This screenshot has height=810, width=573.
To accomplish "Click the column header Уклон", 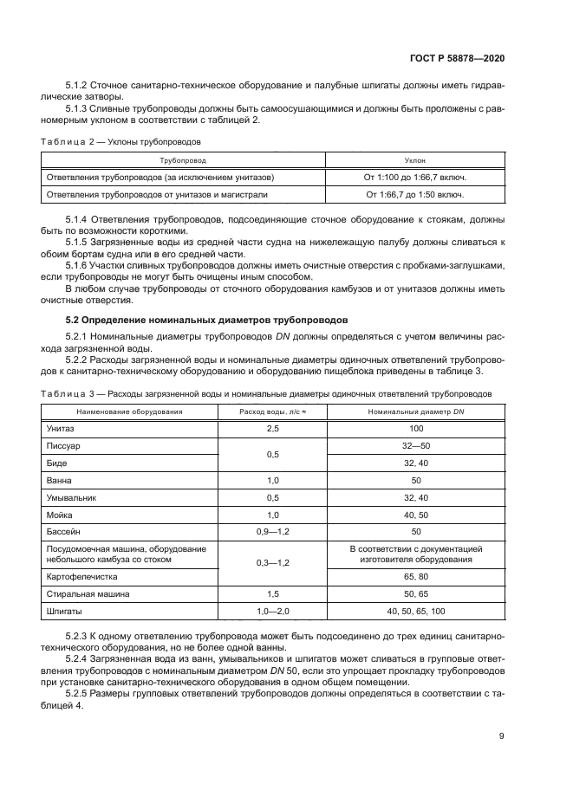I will click(414, 161).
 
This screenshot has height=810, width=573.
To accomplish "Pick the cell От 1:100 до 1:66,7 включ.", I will click(414, 178).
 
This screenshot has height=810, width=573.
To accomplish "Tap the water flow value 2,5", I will click(272, 429).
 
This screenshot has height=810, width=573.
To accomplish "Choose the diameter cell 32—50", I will click(415, 446).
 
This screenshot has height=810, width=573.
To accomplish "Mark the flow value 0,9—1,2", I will click(272, 531).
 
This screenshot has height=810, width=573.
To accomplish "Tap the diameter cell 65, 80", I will click(415, 576).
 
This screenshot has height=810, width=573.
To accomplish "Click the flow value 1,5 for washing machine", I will click(272, 594).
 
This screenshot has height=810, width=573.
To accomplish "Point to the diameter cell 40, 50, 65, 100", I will click(415, 611).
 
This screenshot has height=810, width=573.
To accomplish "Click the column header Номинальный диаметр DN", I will click(415, 411).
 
